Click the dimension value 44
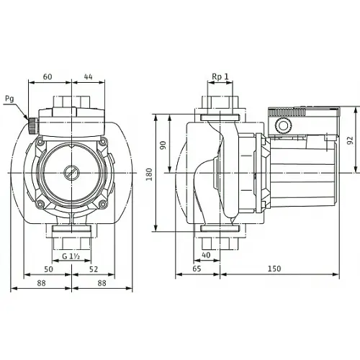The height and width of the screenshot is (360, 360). click(x=88, y=76)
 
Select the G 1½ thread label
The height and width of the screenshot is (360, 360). click(x=70, y=257)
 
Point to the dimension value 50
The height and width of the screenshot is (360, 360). click(x=48, y=269)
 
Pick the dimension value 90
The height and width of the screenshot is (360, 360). click(x=163, y=144)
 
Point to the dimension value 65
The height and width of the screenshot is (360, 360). click(x=197, y=269)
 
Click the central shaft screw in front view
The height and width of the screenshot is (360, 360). click(x=72, y=173)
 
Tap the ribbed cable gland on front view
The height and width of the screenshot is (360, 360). click(x=32, y=127)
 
